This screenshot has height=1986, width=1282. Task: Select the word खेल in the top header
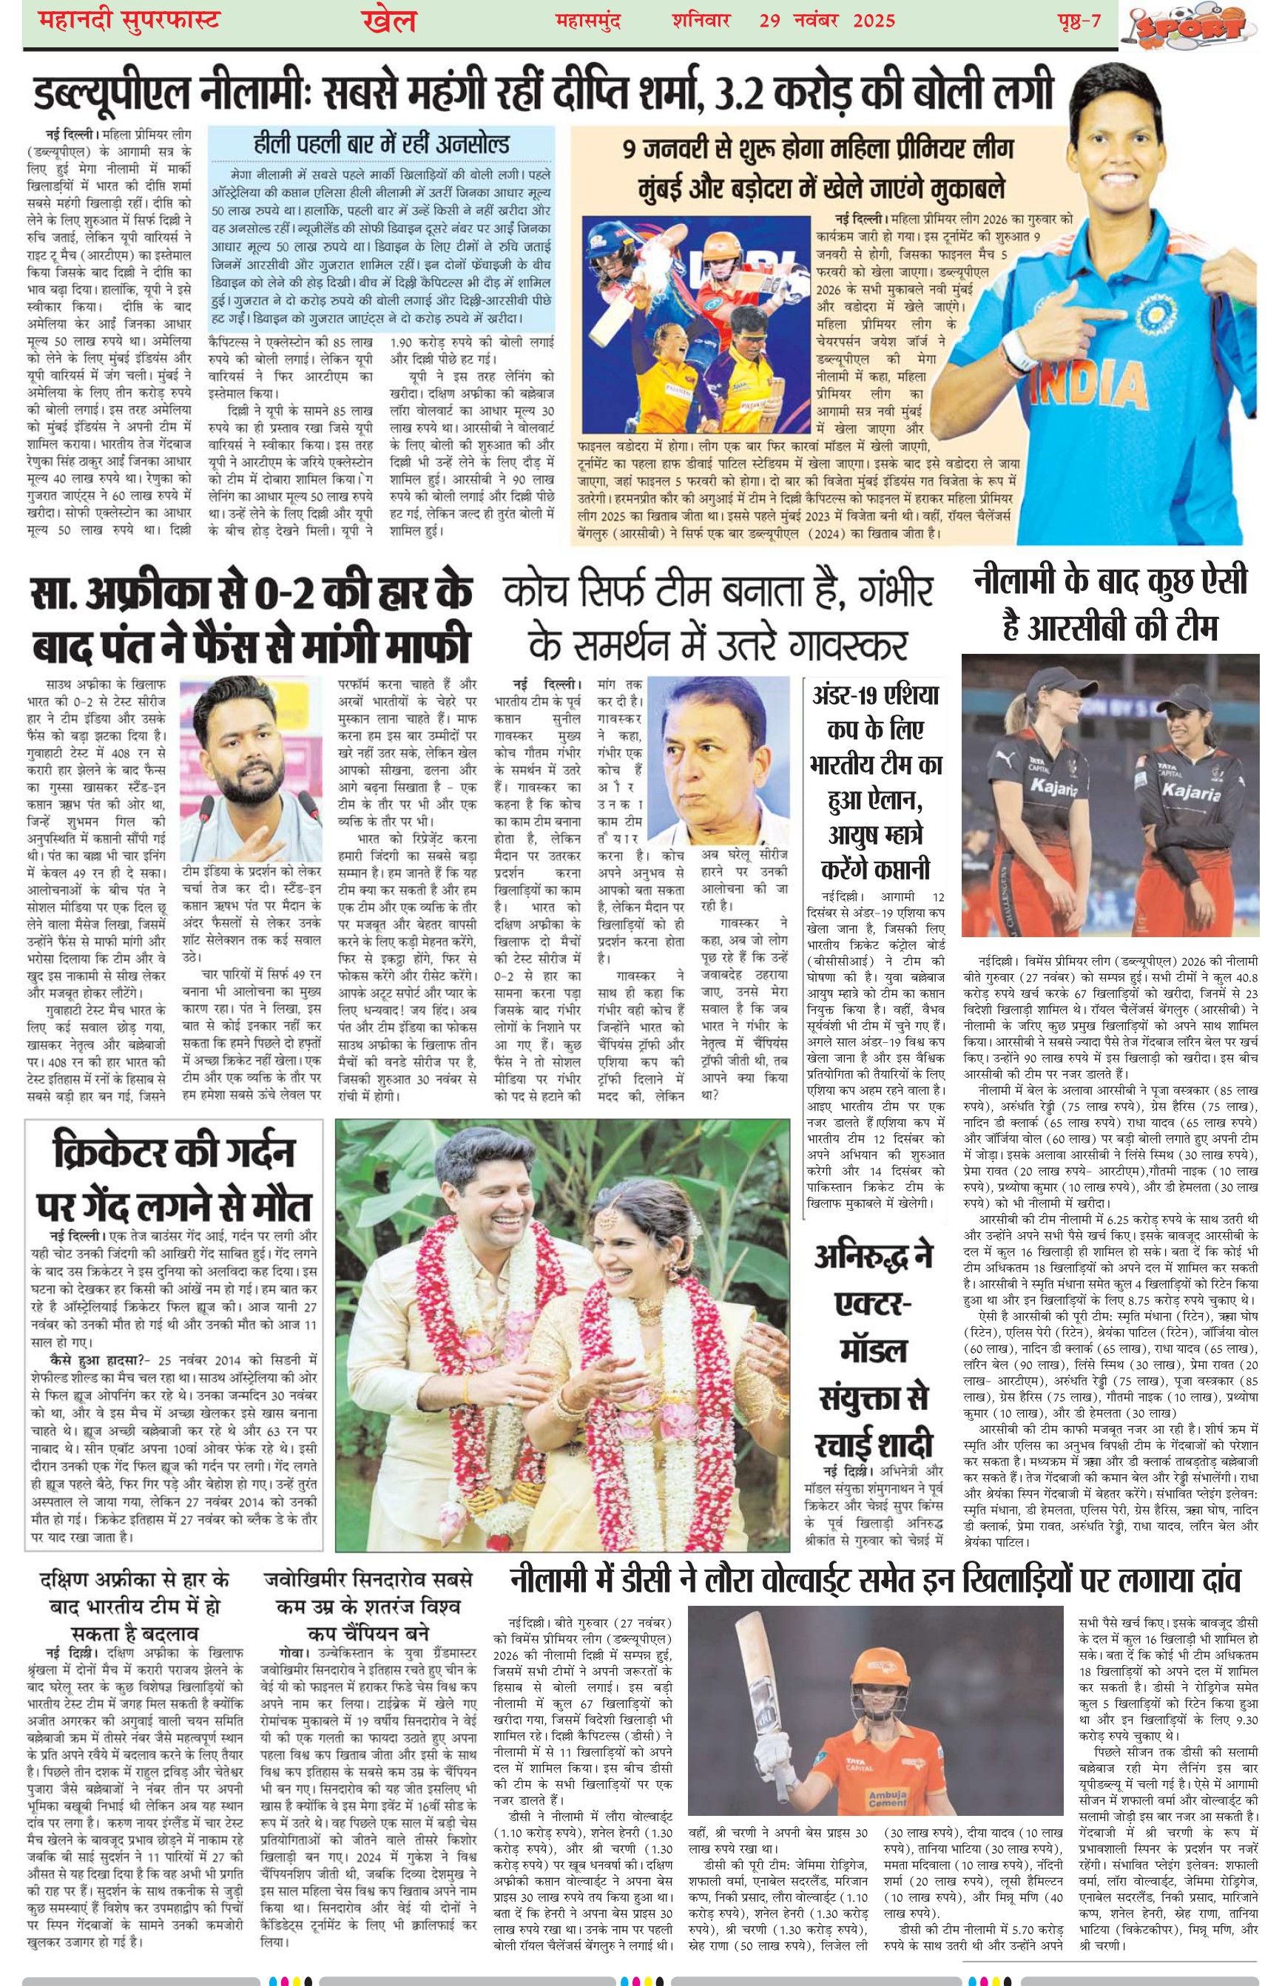pyautogui.click(x=389, y=21)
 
